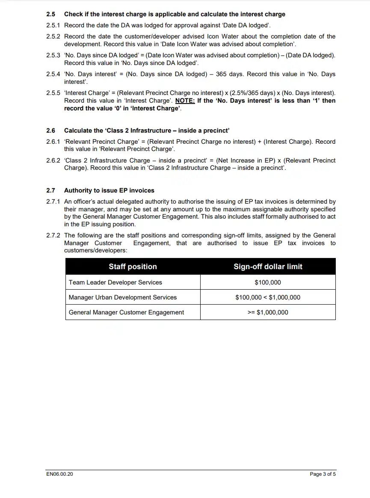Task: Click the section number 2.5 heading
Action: tap(51, 14)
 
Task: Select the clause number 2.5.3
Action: tap(53, 55)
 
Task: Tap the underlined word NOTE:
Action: tap(185, 101)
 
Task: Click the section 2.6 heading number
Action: tap(51, 130)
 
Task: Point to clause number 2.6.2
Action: tap(53, 160)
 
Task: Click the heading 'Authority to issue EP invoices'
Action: tap(109, 190)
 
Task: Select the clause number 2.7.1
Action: tap(53, 202)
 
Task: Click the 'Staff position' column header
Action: tap(133, 267)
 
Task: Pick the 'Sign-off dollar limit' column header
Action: tap(268, 267)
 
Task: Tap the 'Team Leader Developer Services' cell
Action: tap(115, 282)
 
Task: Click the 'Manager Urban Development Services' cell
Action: tap(123, 297)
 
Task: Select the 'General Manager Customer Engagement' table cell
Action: tap(126, 312)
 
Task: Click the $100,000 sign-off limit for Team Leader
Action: tap(268, 282)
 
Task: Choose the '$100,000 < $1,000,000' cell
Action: tap(268, 297)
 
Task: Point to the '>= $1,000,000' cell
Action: tap(268, 312)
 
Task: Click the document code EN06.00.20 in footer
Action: tap(59, 474)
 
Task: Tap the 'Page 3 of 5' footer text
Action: tap(323, 474)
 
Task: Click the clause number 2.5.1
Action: tap(53, 25)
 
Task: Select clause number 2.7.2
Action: tap(53, 235)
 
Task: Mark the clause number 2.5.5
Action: tap(53, 93)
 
